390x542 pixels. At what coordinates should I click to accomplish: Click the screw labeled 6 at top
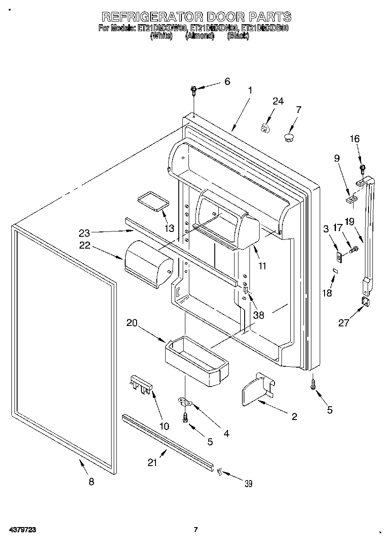pyautogui.click(x=193, y=90)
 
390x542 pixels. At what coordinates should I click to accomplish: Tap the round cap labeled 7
pyautogui.click(x=289, y=137)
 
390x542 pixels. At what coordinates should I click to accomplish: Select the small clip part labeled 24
pyautogui.click(x=264, y=128)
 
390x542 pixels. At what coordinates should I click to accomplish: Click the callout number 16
pyautogui.click(x=354, y=139)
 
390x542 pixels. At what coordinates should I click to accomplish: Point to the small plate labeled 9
pyautogui.click(x=351, y=200)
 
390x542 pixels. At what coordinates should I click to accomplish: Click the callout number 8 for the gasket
pyautogui.click(x=91, y=481)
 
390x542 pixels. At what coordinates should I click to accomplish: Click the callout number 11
pyautogui.click(x=263, y=265)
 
